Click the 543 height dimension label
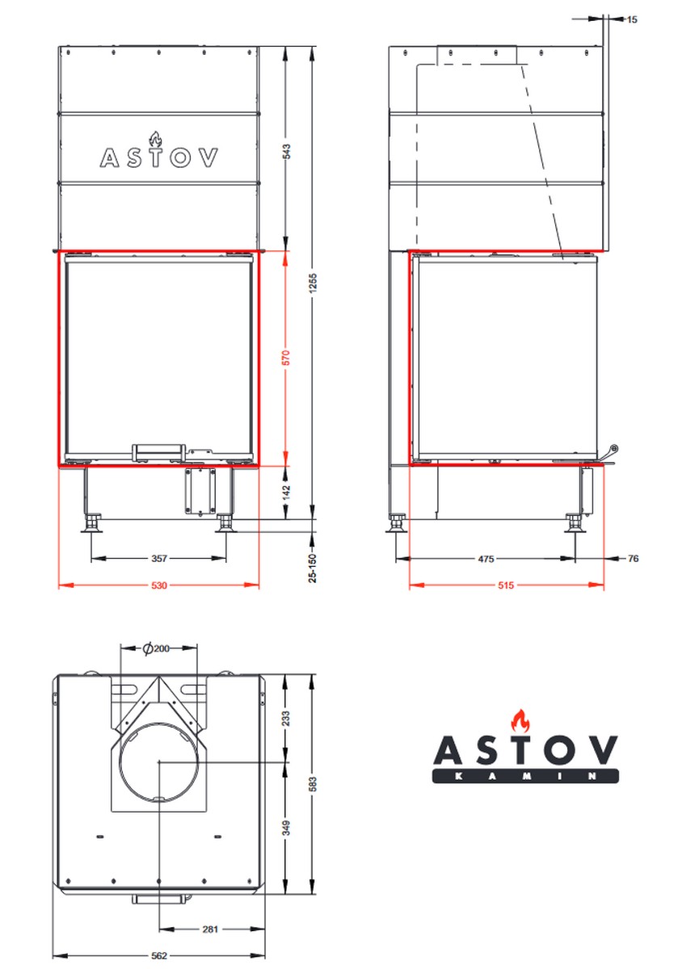tap(286, 152)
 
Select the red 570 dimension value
tap(286, 358)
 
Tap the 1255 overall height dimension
tap(313, 283)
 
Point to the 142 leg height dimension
tap(286, 493)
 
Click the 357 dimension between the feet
tap(159, 559)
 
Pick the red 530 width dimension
tap(159, 585)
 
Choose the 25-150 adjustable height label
tap(313, 568)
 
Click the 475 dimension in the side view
tap(486, 559)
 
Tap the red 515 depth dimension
tap(506, 585)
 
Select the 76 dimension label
tap(633, 559)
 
